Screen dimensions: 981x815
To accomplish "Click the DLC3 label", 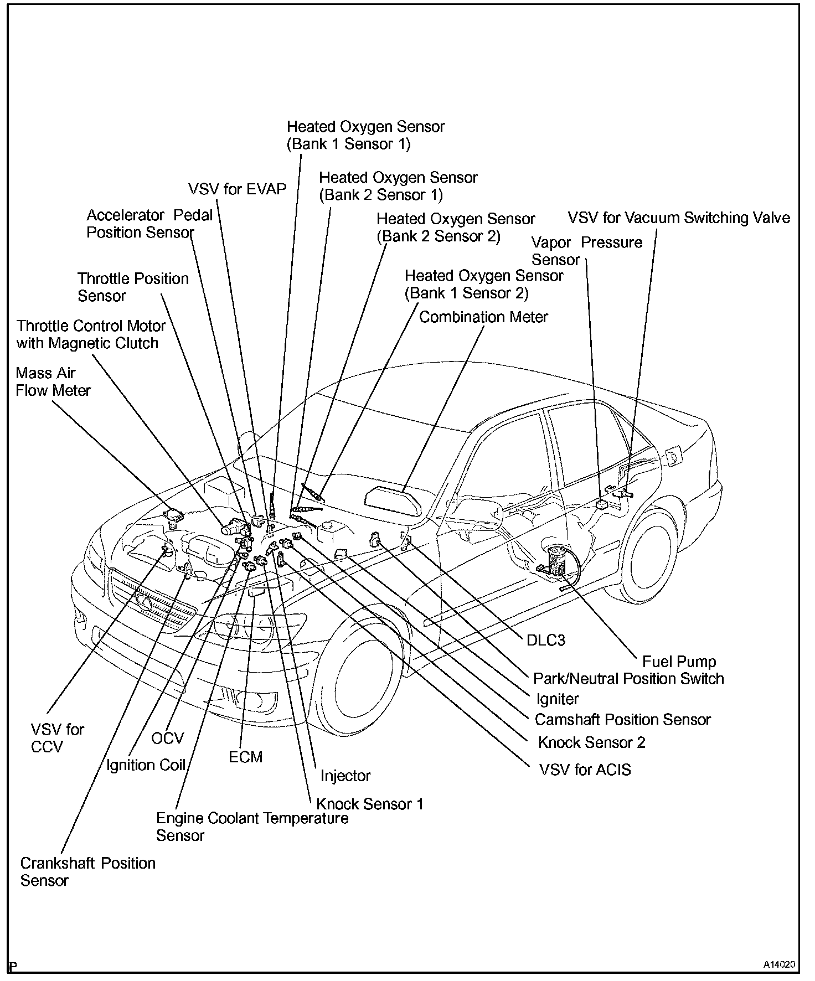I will [x=545, y=641].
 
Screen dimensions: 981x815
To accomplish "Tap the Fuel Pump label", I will [x=679, y=662].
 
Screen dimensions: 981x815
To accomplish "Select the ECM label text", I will [x=245, y=757].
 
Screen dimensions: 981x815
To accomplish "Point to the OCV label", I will [x=167, y=739].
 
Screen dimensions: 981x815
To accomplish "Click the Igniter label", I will [x=558, y=699].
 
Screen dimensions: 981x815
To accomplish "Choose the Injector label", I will [x=345, y=776].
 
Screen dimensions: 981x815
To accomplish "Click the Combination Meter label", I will [x=483, y=317].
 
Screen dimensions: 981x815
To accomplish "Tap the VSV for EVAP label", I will [x=237, y=189].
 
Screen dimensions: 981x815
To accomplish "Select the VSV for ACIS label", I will [x=585, y=770].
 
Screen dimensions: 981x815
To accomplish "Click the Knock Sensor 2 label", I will [x=591, y=742].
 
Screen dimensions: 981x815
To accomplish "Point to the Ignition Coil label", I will [x=146, y=765].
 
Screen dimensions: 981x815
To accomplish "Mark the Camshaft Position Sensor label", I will [x=622, y=720].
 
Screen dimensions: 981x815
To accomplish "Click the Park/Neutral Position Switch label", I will [x=628, y=679].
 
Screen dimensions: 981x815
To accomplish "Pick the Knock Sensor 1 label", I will [x=369, y=804].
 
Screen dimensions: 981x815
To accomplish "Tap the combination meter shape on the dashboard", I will [x=393, y=500].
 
